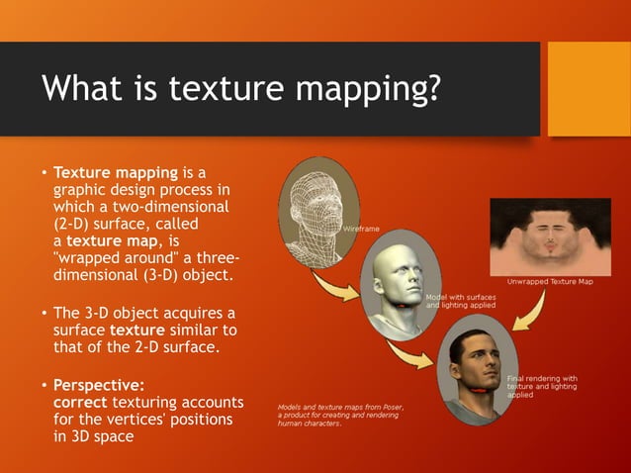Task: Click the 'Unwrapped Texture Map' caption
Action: click(553, 282)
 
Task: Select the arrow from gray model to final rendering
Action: click(409, 351)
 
